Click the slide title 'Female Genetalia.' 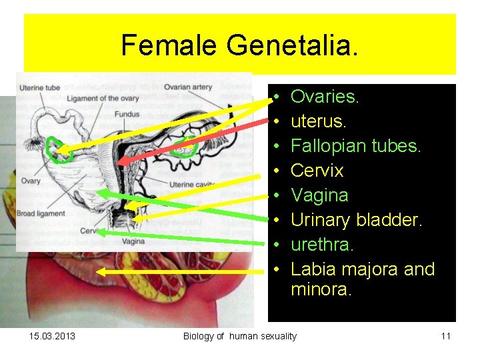coord(239,45)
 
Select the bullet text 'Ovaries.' coord(325,97)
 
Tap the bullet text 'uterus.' coord(319,121)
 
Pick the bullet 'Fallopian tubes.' coord(356,146)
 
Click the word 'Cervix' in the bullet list coord(317,171)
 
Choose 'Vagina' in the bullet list coord(319,195)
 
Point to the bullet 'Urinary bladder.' coord(357,220)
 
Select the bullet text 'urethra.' coord(322,245)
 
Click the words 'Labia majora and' coord(363,269)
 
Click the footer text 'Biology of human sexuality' coord(240,336)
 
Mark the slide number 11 coord(445,336)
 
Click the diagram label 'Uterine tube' coord(40,87)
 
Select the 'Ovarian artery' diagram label coord(187,87)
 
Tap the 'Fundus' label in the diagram coord(127,114)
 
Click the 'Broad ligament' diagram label coord(41,213)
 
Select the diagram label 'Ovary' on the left coord(30,181)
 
